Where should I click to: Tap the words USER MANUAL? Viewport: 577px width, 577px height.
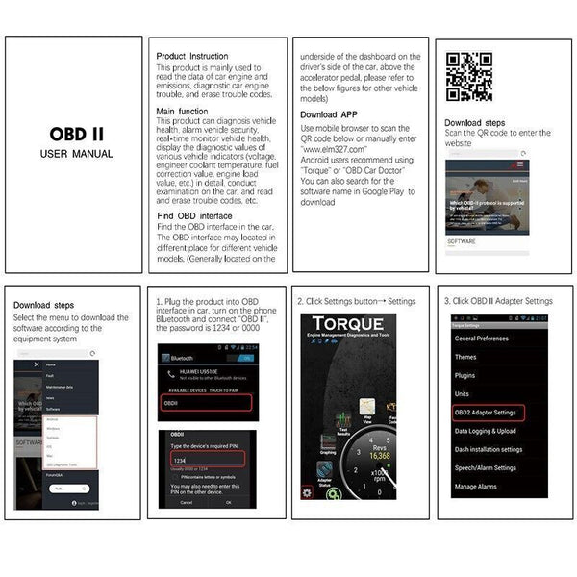pos(76,154)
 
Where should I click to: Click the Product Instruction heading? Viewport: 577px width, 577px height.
pos(192,56)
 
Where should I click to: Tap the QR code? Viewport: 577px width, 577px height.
pos(467,78)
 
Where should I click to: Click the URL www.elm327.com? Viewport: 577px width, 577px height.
pos(333,151)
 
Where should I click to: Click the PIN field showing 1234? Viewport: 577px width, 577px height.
pos(206,461)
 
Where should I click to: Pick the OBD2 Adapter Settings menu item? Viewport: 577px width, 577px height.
pos(486,413)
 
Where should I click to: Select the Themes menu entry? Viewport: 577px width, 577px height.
pos(466,357)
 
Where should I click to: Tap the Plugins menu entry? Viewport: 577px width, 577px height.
pos(465,375)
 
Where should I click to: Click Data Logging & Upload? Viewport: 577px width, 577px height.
pos(486,431)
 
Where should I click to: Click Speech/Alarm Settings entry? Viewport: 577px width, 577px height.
pos(489,468)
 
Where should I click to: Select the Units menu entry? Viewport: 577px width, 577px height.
pos(463,393)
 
